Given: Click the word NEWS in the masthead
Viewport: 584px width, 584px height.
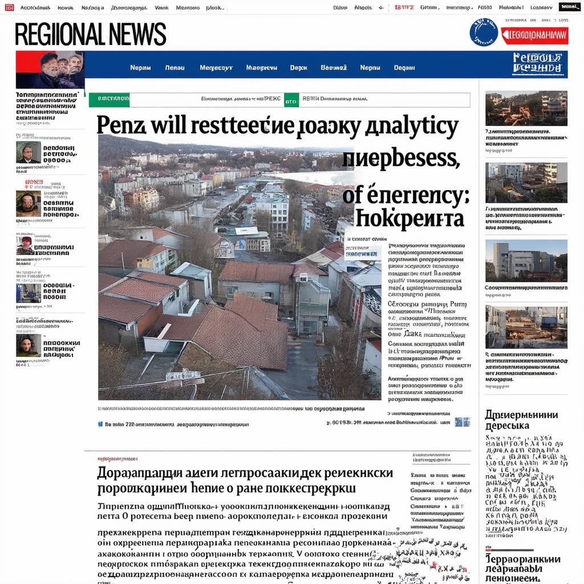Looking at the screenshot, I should pyautogui.click(x=136, y=35).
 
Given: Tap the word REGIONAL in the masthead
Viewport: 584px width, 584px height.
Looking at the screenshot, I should pyautogui.click(x=59, y=35).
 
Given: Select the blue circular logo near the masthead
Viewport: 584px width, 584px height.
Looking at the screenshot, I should pyautogui.click(x=484, y=33).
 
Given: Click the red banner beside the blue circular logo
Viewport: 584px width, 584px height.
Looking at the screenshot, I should pyautogui.click(x=534, y=35).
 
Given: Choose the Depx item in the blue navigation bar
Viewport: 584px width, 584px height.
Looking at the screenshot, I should pyautogui.click(x=298, y=68).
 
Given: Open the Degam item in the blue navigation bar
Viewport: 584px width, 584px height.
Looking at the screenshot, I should pyautogui.click(x=404, y=68).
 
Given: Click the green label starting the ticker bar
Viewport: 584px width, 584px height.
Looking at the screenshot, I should pyautogui.click(x=109, y=99).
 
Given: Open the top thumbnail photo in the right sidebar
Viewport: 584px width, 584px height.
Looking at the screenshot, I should pyautogui.click(x=526, y=108).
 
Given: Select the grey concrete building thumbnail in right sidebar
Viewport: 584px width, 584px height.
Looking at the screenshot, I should pyautogui.click(x=526, y=261).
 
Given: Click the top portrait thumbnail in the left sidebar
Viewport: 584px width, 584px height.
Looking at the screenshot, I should pyautogui.click(x=28, y=152).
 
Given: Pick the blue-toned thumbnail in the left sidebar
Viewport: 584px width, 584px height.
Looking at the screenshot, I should pyautogui.click(x=28, y=293).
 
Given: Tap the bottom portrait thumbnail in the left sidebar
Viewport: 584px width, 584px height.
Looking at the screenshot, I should pyautogui.click(x=28, y=345).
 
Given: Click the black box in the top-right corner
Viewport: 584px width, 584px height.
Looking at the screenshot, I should pyautogui.click(x=570, y=7).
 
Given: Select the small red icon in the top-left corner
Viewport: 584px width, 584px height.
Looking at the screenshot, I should pyautogui.click(x=9, y=7).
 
